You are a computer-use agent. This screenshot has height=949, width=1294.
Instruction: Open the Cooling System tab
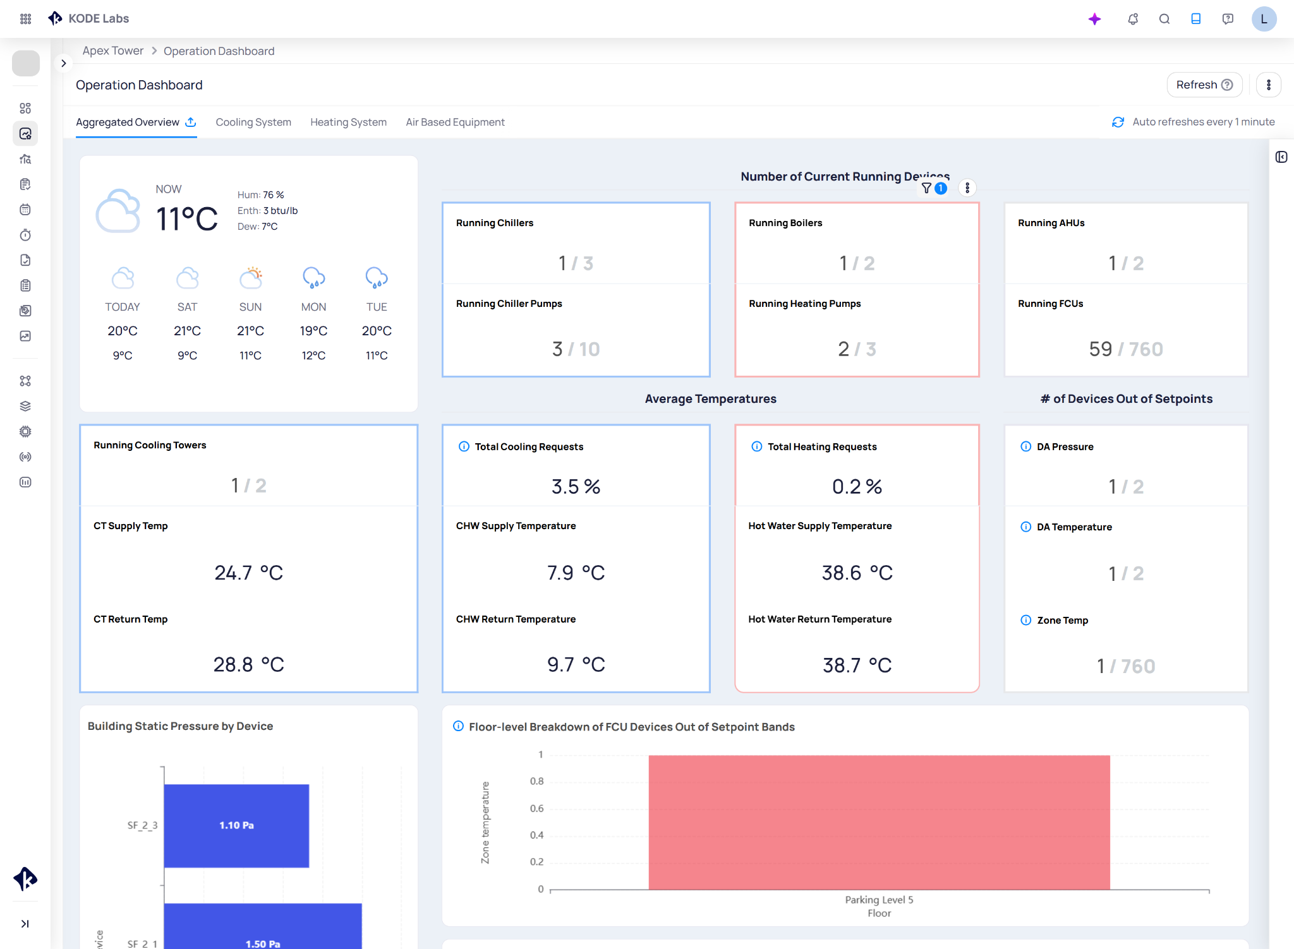[x=253, y=122]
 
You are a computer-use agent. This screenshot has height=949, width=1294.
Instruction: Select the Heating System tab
[x=348, y=122]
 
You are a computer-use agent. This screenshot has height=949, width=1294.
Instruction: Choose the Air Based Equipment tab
[x=455, y=122]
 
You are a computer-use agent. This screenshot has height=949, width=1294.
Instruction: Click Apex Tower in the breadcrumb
[x=113, y=51]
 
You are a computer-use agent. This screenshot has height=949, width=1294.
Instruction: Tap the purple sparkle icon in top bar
[x=1095, y=19]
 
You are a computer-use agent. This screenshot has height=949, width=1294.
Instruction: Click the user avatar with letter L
[x=1264, y=19]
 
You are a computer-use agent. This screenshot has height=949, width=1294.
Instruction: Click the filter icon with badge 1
[x=928, y=188]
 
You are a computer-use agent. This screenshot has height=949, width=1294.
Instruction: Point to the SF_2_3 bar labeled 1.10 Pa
[x=236, y=825]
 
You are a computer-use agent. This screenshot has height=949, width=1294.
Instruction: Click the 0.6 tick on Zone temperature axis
[x=536, y=808]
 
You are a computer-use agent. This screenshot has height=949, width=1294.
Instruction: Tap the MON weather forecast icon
[x=313, y=277]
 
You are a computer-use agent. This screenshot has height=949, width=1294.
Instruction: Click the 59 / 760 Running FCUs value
[x=1126, y=349]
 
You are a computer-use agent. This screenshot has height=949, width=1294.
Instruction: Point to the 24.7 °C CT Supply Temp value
[x=248, y=572]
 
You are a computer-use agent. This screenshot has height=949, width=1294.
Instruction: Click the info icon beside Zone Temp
[x=1026, y=620]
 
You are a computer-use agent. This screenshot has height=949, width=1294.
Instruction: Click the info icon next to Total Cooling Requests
[x=464, y=446]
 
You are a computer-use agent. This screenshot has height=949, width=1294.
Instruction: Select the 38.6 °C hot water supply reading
[x=857, y=572]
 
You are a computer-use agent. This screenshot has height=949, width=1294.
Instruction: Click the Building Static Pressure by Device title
[x=180, y=726]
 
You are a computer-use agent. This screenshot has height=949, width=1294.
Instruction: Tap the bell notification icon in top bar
[x=1133, y=19]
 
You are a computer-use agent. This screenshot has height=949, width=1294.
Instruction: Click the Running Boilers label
[x=785, y=223]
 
